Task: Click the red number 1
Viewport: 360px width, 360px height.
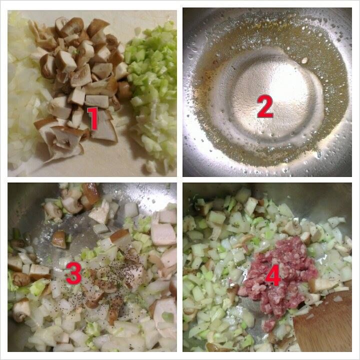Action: (93, 118)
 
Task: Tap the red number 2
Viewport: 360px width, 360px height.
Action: (265, 106)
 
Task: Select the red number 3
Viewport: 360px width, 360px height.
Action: (74, 273)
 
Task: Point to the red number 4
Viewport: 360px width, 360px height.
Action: (273, 275)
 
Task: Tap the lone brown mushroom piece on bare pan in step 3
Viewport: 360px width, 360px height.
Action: (59, 239)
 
